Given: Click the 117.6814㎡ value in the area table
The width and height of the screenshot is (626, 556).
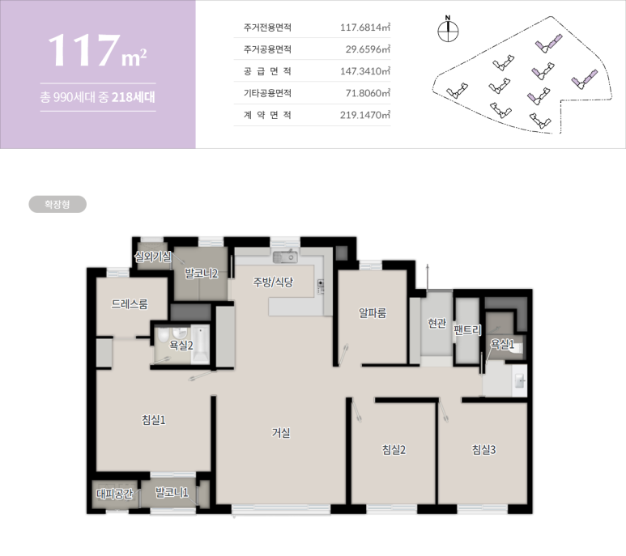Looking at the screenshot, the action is click(x=365, y=28).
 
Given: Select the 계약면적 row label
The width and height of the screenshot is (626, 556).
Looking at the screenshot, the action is click(x=267, y=115).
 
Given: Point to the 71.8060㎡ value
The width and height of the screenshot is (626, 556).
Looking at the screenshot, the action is click(x=368, y=93).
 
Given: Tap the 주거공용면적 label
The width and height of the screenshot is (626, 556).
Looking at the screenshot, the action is click(x=267, y=49).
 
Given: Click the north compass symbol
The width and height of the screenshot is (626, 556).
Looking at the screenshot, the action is click(x=448, y=29).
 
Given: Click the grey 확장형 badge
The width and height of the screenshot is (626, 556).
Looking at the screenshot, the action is click(x=57, y=204).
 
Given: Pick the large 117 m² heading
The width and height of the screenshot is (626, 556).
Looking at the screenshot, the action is click(x=97, y=51).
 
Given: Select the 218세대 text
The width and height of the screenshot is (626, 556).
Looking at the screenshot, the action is click(x=134, y=97).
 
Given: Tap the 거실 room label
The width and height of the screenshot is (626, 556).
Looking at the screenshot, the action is click(x=281, y=432).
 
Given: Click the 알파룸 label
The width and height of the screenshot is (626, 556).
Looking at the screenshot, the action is click(x=373, y=313).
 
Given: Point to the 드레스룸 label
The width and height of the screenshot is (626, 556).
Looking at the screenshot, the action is click(x=130, y=304).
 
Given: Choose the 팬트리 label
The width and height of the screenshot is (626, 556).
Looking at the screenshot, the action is click(x=467, y=330).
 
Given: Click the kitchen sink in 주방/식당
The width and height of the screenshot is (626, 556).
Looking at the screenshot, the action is click(x=285, y=257).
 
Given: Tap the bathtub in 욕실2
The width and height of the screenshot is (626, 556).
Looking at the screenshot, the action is click(x=200, y=345).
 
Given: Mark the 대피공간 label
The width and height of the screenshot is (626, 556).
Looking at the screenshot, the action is click(x=114, y=494).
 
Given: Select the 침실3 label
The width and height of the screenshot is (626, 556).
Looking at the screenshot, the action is click(x=483, y=449).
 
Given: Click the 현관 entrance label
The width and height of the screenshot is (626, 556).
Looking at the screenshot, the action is click(x=436, y=323).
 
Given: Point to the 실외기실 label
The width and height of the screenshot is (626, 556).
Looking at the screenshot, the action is click(x=153, y=257).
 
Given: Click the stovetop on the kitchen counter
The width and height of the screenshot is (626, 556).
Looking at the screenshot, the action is click(x=321, y=286).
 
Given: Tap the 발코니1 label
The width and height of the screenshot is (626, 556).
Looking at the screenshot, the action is click(x=172, y=492).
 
